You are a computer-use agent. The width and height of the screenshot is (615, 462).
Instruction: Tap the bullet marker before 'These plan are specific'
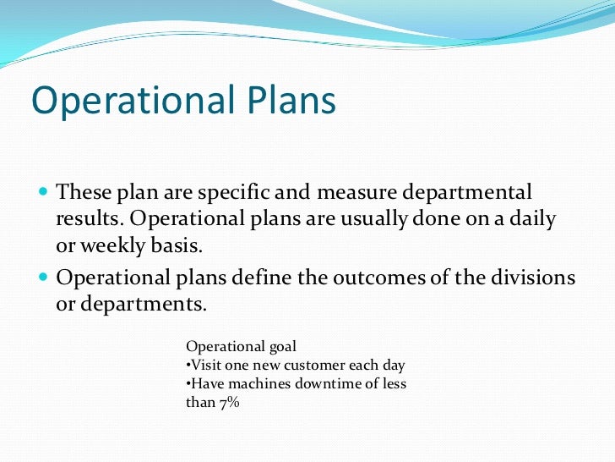[44, 191]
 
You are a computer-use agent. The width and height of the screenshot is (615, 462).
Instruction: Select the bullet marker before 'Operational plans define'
[44, 277]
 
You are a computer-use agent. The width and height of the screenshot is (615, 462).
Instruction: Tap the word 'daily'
[532, 219]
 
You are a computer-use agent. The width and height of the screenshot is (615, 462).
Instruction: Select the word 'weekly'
[112, 246]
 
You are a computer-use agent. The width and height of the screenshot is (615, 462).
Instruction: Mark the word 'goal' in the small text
[280, 347]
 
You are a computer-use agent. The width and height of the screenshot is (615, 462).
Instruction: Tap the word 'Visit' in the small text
[204, 366]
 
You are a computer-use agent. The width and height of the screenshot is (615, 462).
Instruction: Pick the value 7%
[228, 403]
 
